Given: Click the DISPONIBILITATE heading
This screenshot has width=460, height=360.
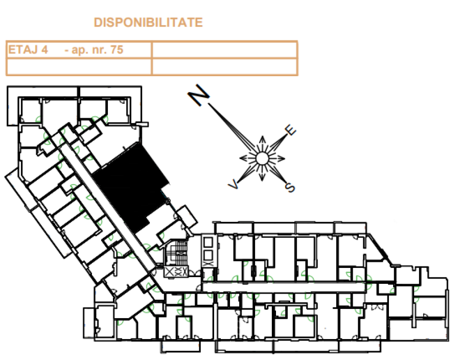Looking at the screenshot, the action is click(x=148, y=22).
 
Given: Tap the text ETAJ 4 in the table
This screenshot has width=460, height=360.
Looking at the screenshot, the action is click(x=28, y=50).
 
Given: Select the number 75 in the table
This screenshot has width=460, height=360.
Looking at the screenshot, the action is click(x=117, y=50).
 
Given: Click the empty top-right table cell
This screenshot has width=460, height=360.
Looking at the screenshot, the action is click(x=224, y=50).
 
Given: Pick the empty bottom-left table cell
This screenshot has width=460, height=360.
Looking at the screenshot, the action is click(x=79, y=67).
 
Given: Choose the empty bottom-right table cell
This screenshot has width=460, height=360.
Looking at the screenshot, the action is click(x=224, y=67).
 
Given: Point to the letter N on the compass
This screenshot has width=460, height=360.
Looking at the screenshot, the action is click(x=199, y=95).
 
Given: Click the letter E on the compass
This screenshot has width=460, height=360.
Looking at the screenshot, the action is click(x=290, y=130).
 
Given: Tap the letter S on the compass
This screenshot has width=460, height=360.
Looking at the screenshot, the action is click(x=290, y=187).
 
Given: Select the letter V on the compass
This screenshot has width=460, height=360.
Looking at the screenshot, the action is click(x=233, y=185).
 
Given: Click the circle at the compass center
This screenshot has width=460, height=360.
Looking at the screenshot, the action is click(x=262, y=159).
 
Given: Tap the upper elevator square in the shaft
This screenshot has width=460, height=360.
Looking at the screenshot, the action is click(x=208, y=242).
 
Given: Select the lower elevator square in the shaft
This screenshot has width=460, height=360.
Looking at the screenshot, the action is click(x=208, y=255).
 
